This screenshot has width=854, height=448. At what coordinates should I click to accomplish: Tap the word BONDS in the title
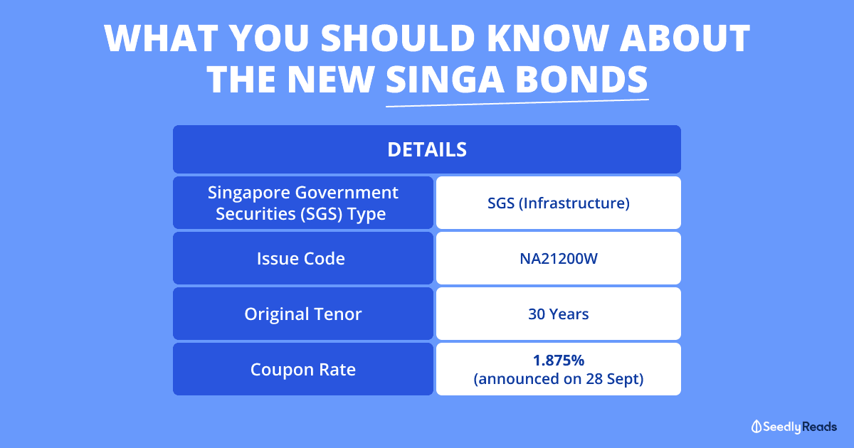582,79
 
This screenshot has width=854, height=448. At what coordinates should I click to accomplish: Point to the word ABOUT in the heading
685,38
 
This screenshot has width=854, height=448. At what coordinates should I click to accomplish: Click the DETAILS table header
427,149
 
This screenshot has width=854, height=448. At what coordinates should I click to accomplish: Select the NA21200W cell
559,258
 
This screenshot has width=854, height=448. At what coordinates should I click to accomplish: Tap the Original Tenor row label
302,314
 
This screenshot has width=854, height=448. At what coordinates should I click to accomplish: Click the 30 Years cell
559,314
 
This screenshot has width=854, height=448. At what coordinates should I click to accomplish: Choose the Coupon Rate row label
302,369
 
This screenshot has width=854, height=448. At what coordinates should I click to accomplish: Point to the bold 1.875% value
559,360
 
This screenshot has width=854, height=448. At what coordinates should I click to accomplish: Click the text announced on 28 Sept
559,378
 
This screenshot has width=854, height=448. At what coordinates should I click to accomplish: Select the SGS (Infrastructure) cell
559,203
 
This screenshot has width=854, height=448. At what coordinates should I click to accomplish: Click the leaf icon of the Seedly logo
756,427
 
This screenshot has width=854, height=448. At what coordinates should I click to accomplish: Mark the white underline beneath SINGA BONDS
517,103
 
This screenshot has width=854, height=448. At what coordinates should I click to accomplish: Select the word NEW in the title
330,79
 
